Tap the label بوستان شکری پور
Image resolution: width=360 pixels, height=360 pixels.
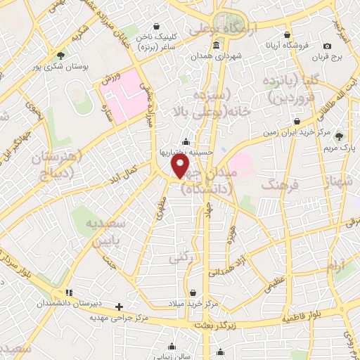pos(84,67)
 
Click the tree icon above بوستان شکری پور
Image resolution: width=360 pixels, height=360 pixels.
pos(63,55)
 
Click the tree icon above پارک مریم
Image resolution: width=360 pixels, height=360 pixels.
pos(340,136)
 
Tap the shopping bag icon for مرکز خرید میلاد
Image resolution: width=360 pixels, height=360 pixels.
pos(193,292)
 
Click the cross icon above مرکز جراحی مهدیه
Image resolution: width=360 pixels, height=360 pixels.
pos(119,307)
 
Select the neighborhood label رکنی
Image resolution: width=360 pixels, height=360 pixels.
pos(180,259)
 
